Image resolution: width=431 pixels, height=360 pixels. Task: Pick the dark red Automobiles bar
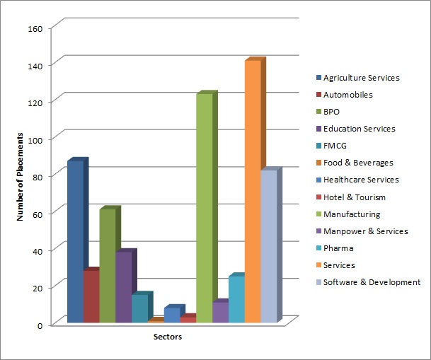pos(91,296)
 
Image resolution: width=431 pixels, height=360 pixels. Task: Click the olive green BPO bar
pos(108,266)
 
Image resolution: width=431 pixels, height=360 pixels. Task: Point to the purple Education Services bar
pos(124,287)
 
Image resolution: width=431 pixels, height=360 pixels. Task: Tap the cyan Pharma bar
pos(236,299)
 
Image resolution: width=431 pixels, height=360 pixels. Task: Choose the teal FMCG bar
pos(139,308)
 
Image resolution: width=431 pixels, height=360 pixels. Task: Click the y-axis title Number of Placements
pos(21,176)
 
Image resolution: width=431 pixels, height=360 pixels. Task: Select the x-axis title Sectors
pos(168,337)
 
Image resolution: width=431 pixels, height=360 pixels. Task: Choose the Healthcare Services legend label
pos(361,180)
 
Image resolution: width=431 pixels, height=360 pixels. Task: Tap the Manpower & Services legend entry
pos(365,231)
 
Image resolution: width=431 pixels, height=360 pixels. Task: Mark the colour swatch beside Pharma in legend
pos(318,248)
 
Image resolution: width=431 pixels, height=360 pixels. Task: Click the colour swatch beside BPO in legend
pos(318,112)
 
